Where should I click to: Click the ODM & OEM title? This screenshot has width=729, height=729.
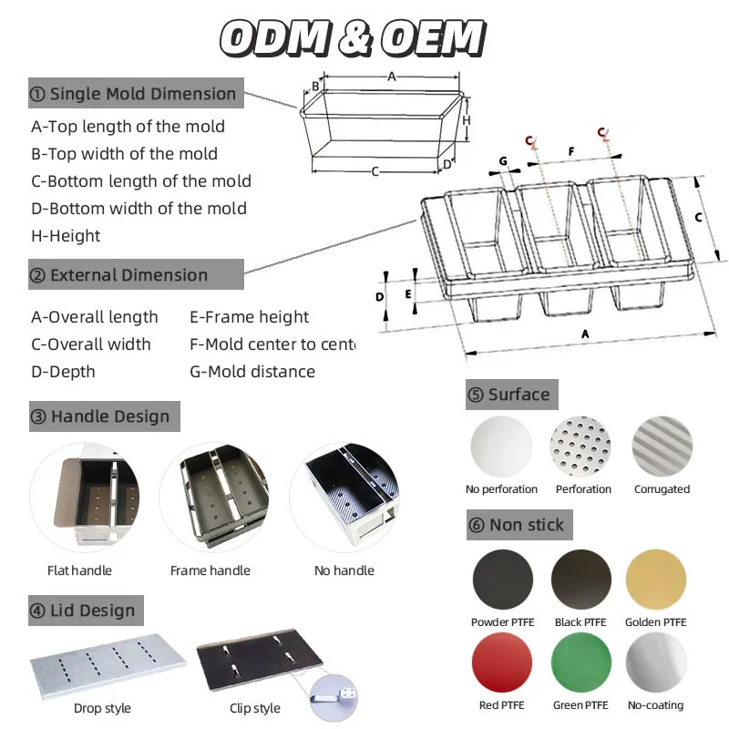pyautogui.click(x=353, y=38)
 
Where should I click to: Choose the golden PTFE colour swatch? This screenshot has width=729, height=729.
pyautogui.click(x=656, y=580)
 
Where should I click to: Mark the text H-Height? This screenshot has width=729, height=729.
pyautogui.click(x=66, y=236)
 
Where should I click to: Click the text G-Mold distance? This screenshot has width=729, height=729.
pyautogui.click(x=252, y=372)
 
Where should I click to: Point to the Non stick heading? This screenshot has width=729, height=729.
pyautogui.click(x=517, y=525)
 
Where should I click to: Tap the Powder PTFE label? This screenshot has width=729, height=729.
pyautogui.click(x=502, y=622)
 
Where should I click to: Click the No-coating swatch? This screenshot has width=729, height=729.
pyautogui.click(x=656, y=663)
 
